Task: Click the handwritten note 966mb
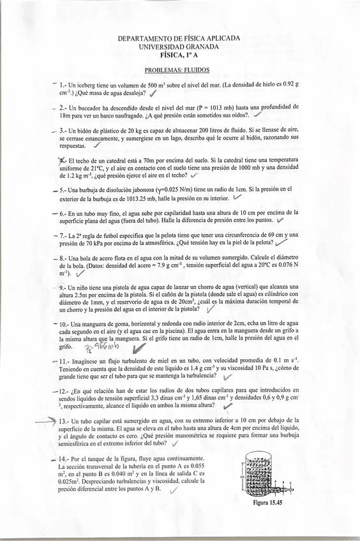pos(101,347)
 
